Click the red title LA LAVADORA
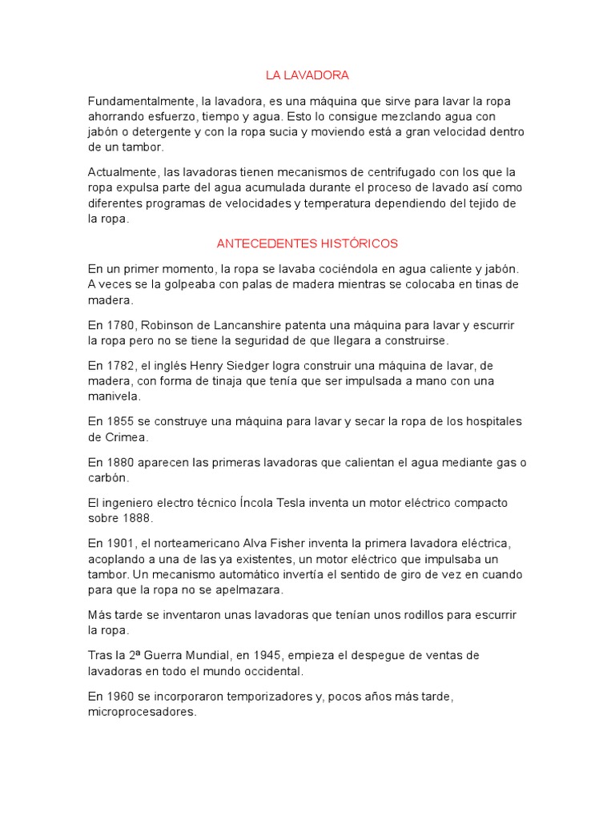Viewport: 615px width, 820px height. [x=307, y=76]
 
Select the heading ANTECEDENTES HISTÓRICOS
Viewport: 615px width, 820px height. [x=307, y=243]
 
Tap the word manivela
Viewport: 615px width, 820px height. [x=114, y=396]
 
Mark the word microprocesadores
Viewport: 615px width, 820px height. [x=141, y=712]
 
